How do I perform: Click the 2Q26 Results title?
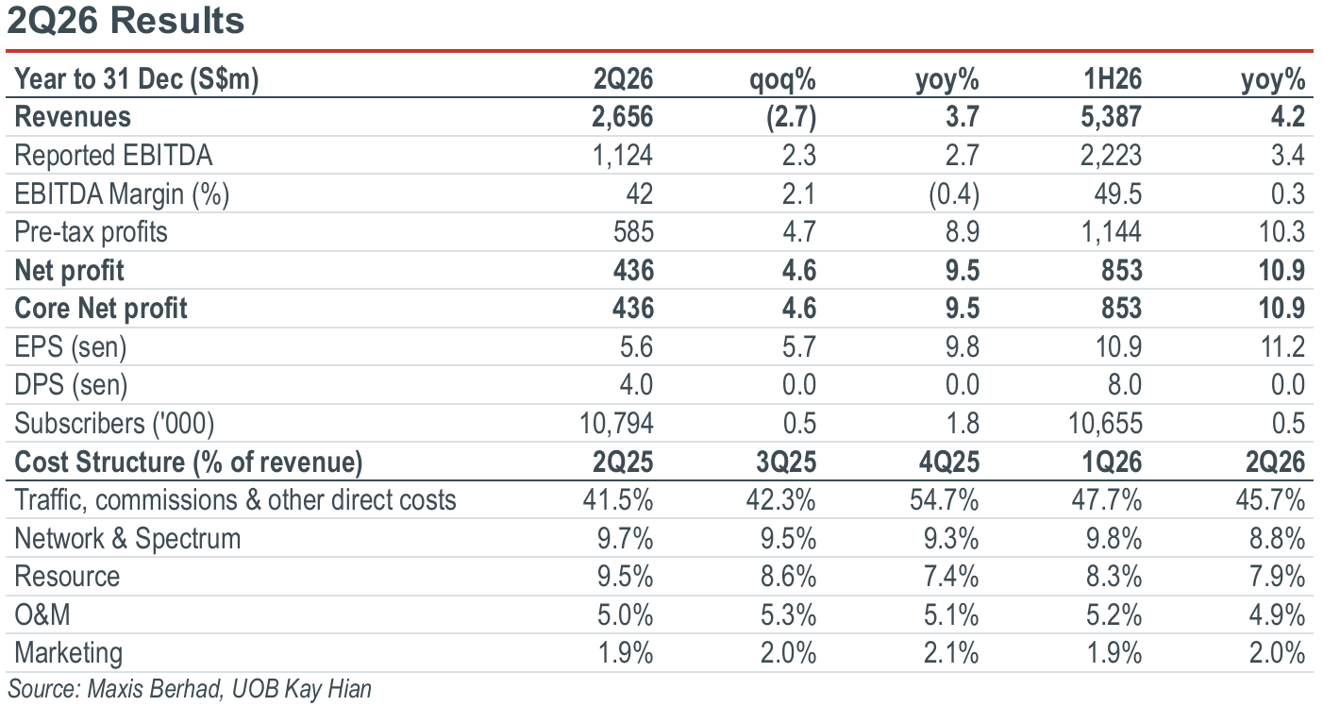pos(126,22)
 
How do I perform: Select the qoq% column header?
pos(782,79)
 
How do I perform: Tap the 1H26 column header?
pos(1113,78)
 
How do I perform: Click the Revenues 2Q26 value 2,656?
pos(623,117)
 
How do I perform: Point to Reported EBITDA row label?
pos(113,156)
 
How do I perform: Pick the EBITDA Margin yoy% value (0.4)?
pos(954,194)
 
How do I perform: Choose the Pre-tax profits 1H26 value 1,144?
pos(1111,231)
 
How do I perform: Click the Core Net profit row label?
pos(100,309)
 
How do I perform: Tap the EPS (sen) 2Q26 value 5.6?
pos(636,346)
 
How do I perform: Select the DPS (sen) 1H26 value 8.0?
pos(1125,384)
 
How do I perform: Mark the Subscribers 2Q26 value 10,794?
pos(616,424)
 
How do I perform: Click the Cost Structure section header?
pos(189,462)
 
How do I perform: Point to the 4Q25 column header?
pos(948,462)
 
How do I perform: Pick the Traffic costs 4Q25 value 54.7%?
pos(944,500)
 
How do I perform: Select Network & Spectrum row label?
pos(127,538)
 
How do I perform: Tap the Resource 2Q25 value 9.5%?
pos(625,577)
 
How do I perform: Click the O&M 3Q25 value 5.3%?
pos(789,615)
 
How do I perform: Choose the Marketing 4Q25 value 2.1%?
pos(951,653)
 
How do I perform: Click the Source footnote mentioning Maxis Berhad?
pos(189,689)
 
